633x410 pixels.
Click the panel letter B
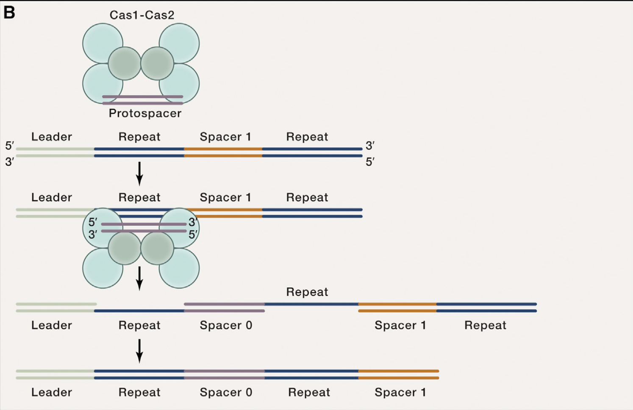(9, 13)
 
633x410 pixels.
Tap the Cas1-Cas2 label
(142, 15)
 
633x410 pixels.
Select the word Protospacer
(145, 114)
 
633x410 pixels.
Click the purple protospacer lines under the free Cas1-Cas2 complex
(142, 100)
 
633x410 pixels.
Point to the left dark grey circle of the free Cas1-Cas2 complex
(124, 64)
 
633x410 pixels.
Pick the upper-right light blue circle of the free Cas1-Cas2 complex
(179, 43)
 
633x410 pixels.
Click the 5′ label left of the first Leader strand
(9, 146)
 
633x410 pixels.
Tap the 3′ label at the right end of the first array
(370, 146)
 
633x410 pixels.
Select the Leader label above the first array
(52, 137)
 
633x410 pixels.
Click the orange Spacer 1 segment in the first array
(223, 152)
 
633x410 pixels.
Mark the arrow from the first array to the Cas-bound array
(139, 173)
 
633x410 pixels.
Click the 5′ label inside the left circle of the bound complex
(93, 222)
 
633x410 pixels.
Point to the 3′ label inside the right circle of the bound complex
(193, 222)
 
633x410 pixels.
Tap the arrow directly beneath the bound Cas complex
(139, 278)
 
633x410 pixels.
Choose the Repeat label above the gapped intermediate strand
(307, 292)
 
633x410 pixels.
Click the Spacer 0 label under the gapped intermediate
(226, 325)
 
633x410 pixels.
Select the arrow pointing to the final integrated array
(139, 351)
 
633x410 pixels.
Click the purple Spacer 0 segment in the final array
(225, 374)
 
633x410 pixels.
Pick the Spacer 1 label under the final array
(400, 392)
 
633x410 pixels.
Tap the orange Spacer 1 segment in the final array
(398, 374)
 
